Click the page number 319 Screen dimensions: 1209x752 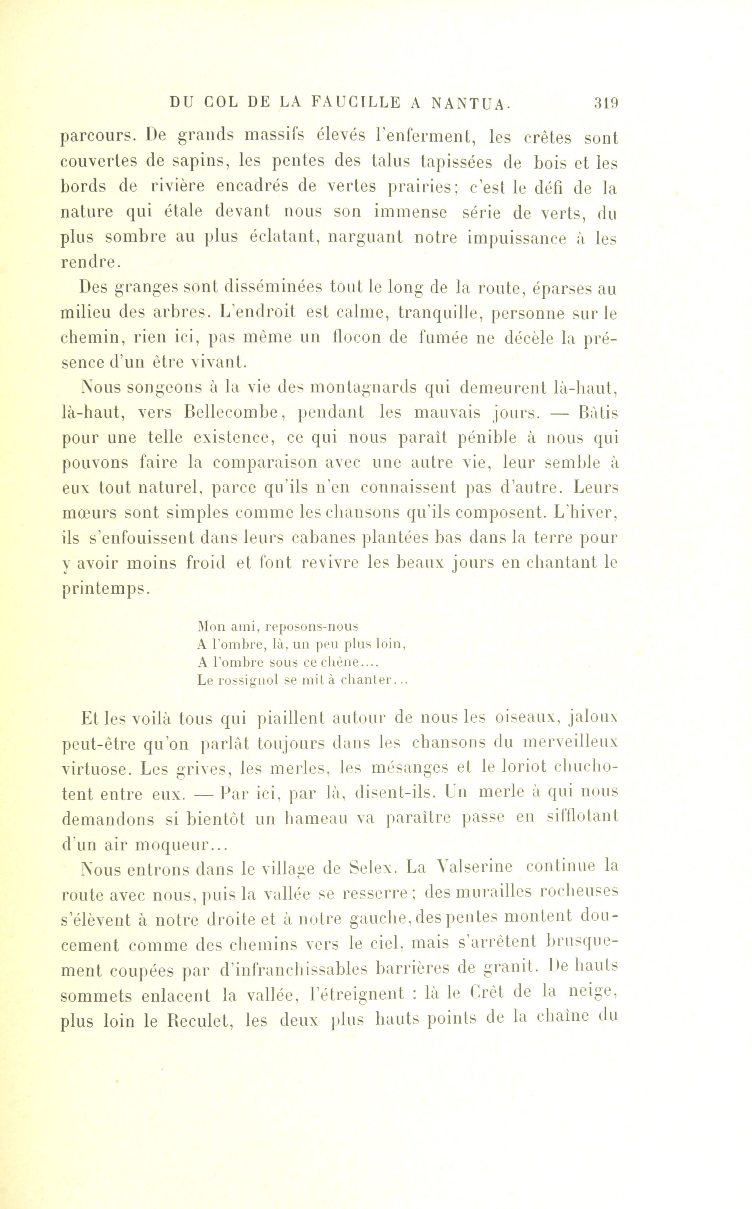coord(605,103)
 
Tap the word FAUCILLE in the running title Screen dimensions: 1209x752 coord(356,102)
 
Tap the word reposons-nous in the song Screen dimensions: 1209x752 coord(312,626)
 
